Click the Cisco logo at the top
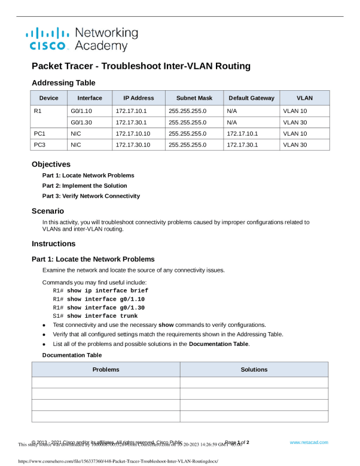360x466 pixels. coord(81,39)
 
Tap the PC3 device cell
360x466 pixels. coord(40,145)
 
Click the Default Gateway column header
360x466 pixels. coord(251,98)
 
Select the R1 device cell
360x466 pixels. coord(38,111)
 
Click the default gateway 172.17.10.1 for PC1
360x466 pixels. coord(242,133)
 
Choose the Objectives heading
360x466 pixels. coord(51,164)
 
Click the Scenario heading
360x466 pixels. coord(48,211)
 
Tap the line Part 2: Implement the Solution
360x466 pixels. coord(84,186)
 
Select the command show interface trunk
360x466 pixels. coord(102,315)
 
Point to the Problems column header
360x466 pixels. coord(105,369)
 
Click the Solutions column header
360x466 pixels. coord(254,369)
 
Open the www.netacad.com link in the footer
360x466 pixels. coord(309,442)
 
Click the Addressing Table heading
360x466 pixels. coord(63,82)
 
